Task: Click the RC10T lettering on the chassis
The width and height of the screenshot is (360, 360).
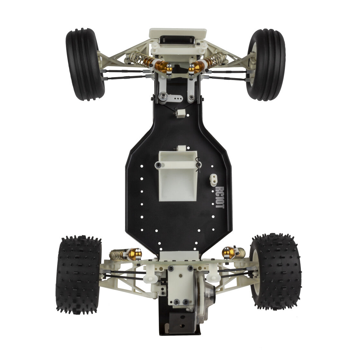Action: tap(220, 197)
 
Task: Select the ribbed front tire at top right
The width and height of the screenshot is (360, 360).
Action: tap(266, 65)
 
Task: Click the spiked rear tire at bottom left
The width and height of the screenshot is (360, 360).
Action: tap(78, 274)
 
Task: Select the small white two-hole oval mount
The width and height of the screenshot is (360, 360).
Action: tap(214, 179)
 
